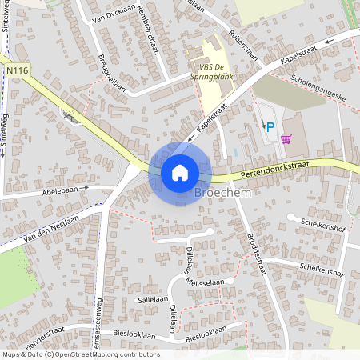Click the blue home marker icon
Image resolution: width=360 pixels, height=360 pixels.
coord(179,172)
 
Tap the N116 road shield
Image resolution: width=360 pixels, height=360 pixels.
coord(17,71)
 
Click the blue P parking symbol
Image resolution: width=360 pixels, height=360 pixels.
coord(270,126)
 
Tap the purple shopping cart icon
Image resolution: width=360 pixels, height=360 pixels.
coord(286,138)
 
